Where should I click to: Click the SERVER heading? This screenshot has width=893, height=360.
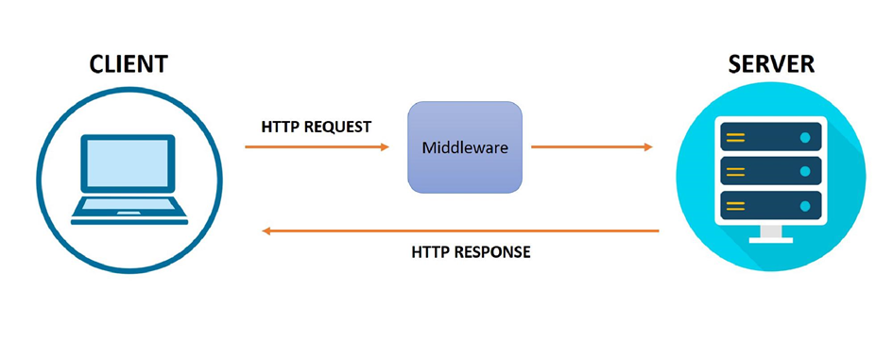[772, 65]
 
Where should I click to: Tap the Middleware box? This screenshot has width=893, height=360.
[464, 148]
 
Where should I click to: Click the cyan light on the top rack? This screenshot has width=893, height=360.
[805, 137]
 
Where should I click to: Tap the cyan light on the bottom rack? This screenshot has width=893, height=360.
[805, 205]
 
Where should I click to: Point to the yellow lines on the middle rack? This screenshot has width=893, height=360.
[735, 171]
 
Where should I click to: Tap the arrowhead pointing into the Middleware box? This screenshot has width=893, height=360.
[385, 147]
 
